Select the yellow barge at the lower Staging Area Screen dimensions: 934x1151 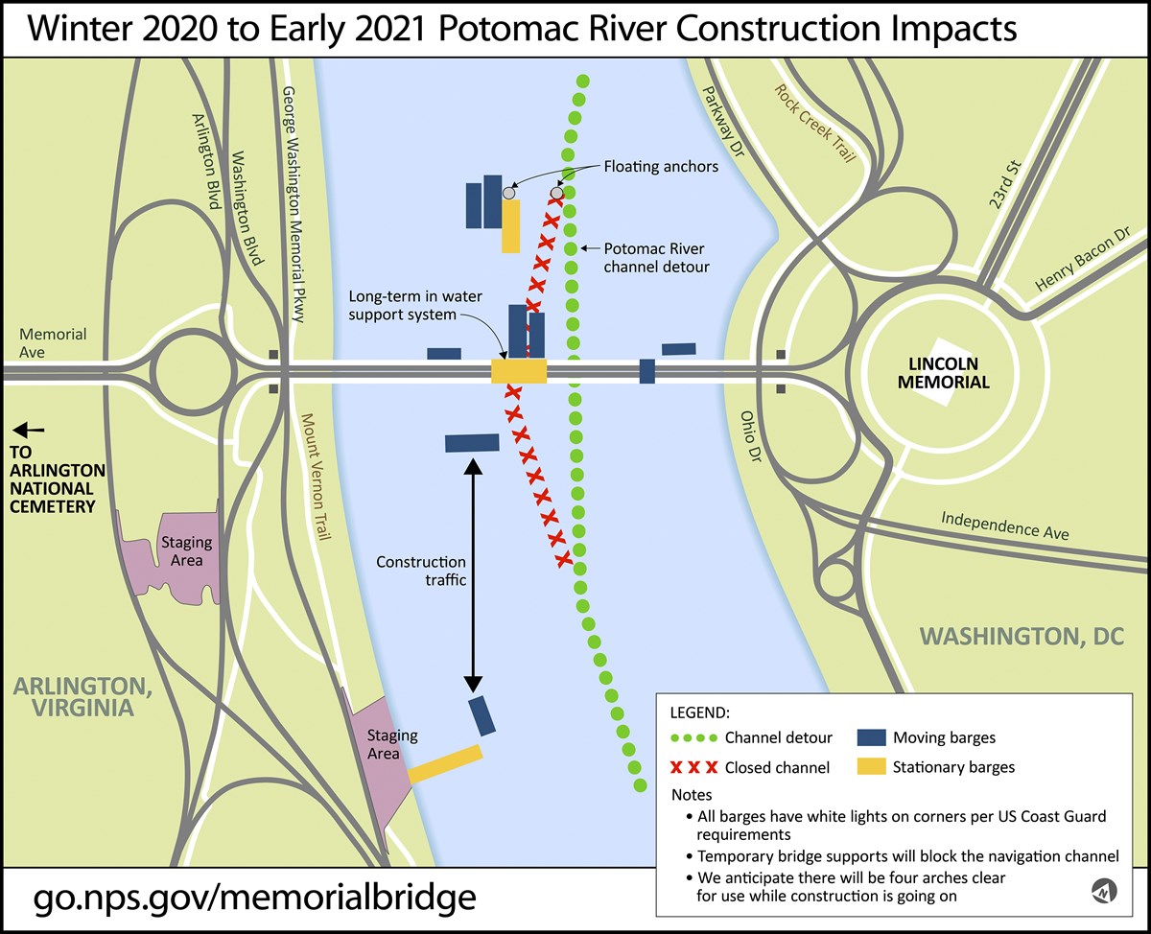[x=445, y=764]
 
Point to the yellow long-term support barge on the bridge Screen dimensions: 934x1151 [x=519, y=371]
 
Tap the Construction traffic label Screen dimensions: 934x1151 [x=421, y=571]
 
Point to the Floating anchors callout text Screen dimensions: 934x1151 [x=660, y=167]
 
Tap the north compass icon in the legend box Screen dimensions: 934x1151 [x=1103, y=893]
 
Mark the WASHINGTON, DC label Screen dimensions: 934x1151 [x=1022, y=636]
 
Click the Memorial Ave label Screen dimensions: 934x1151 [x=53, y=343]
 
